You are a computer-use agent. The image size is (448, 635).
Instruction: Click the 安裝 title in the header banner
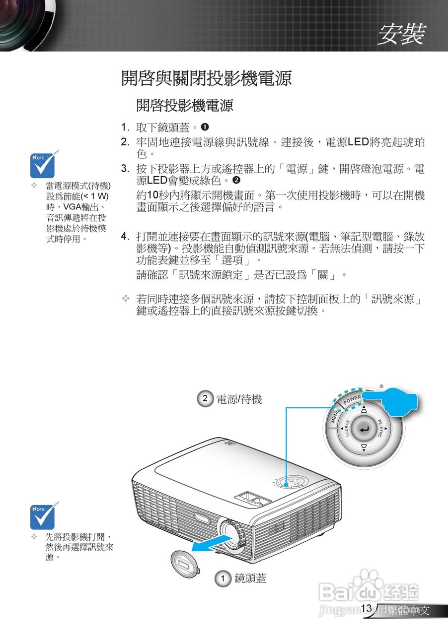[401, 34]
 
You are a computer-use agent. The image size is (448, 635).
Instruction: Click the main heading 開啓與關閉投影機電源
[206, 78]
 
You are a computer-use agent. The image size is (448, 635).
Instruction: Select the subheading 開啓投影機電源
[184, 105]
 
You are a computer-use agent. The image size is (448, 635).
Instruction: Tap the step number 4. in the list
[126, 236]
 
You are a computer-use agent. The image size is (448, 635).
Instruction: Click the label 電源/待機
[239, 399]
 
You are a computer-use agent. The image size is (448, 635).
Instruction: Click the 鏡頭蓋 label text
[250, 578]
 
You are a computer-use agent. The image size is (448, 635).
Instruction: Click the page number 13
[367, 608]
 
